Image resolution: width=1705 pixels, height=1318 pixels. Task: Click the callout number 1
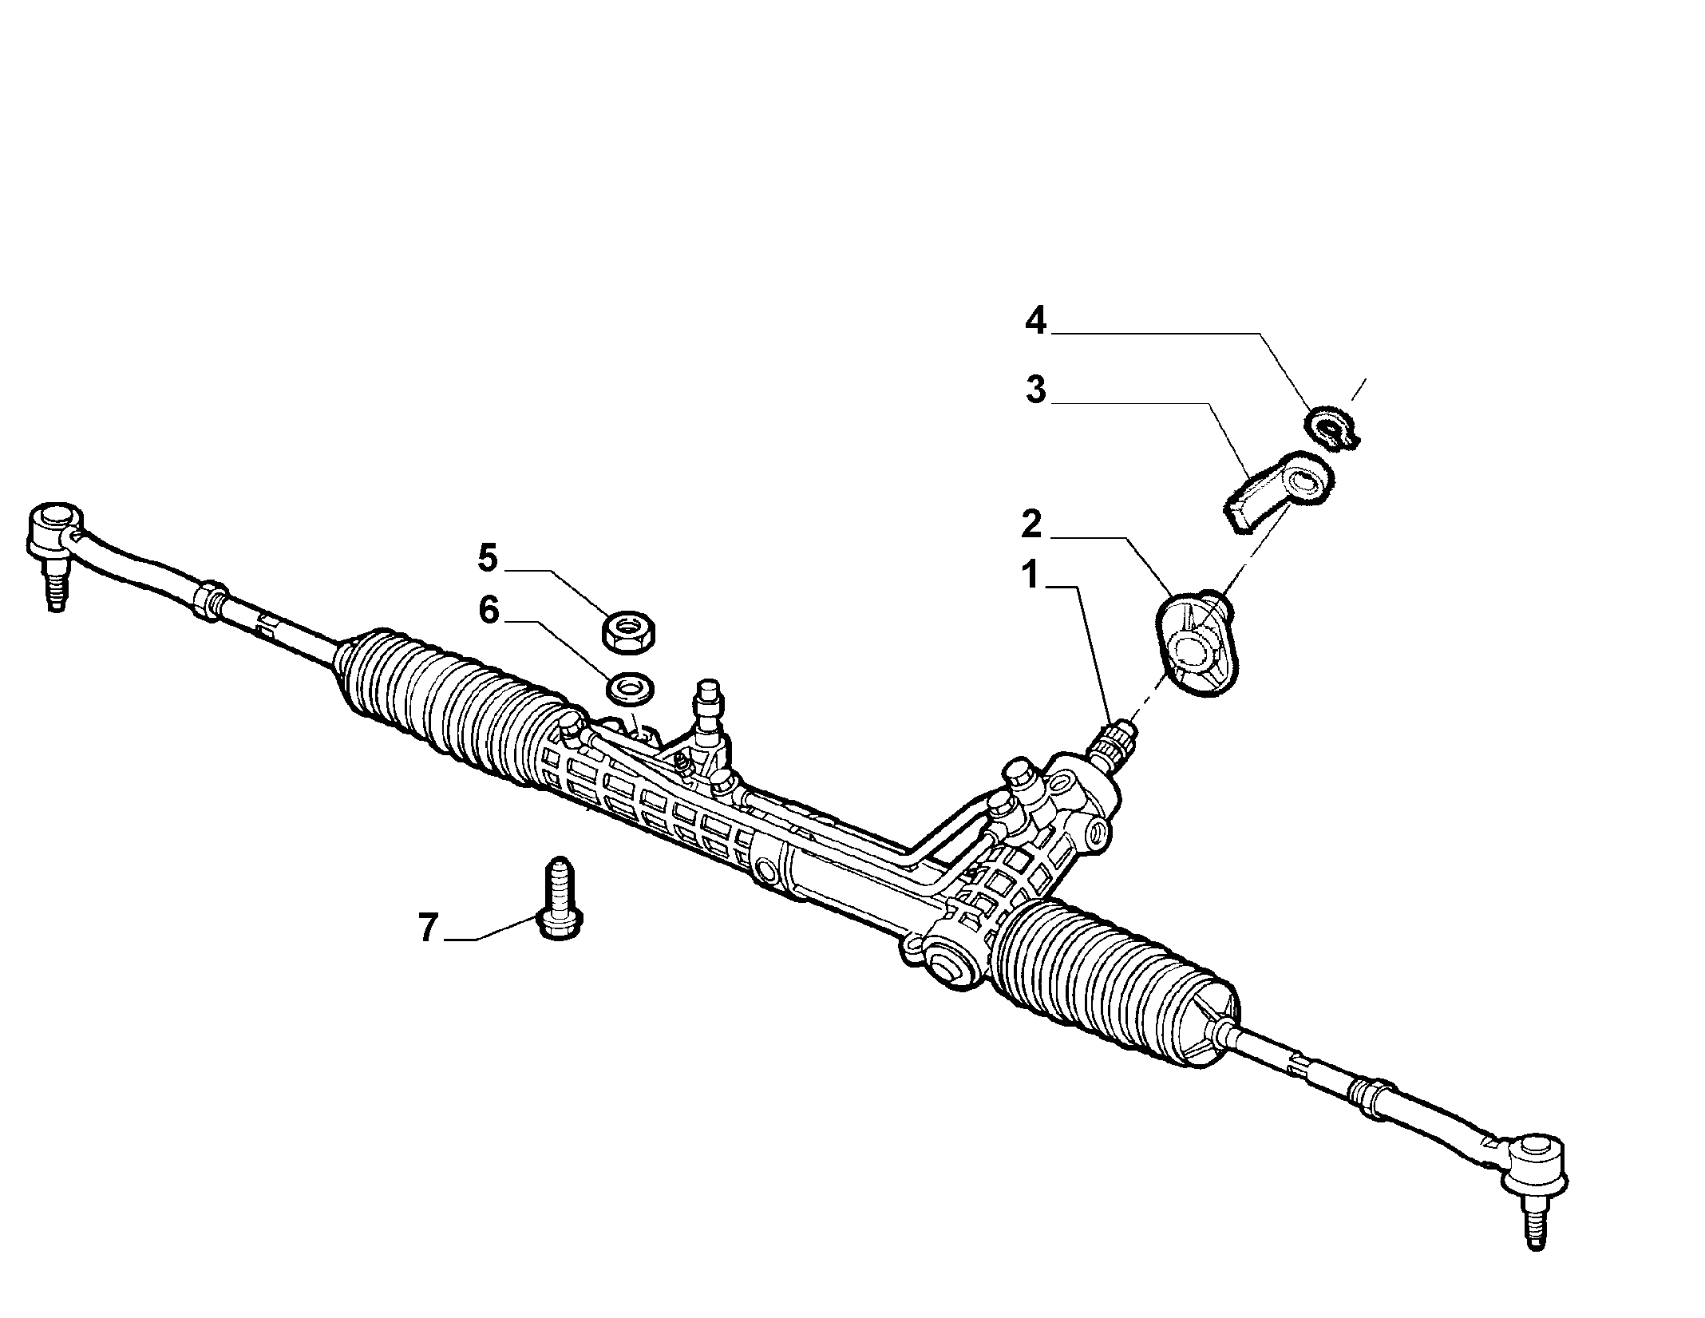1031,575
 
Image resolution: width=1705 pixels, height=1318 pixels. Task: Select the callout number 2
1031,524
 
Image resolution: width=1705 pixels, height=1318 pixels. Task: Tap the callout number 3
1036,391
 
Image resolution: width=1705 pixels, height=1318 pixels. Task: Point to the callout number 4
1035,323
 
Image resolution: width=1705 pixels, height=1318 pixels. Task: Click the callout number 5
489,557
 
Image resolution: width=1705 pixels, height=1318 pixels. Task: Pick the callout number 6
489,611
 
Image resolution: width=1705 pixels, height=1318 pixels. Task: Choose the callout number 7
429,928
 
